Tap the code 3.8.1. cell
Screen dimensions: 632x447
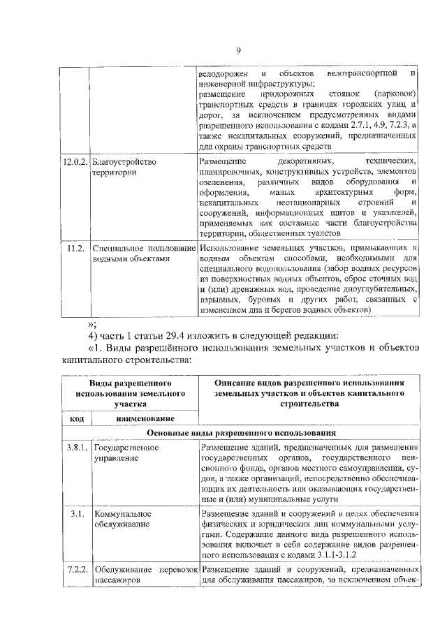75,447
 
